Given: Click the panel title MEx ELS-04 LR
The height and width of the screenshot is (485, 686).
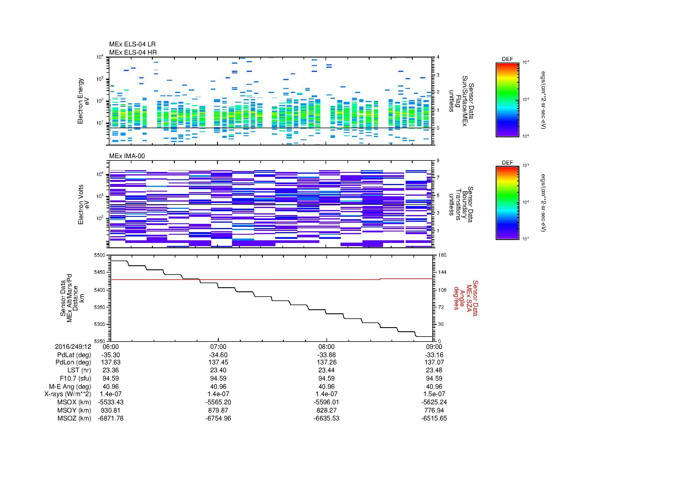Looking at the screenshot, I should (x=132, y=44).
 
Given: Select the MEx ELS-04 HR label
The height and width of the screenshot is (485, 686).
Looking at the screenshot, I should (x=133, y=52).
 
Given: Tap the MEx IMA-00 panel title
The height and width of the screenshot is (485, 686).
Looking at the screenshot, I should (x=127, y=156).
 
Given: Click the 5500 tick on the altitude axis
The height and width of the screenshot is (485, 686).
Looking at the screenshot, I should (x=99, y=255).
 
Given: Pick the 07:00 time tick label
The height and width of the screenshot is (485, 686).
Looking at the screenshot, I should (x=218, y=347).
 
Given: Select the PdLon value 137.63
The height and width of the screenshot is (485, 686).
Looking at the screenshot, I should (x=111, y=362).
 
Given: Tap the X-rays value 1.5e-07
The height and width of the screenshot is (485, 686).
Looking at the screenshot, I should (x=434, y=394).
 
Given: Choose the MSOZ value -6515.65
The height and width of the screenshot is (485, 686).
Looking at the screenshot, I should (x=434, y=418).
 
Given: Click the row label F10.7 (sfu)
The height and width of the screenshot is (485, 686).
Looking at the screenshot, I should (x=75, y=378).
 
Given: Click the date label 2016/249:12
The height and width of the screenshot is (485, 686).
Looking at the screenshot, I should (x=73, y=347).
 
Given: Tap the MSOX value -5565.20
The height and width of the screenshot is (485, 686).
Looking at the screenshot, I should (x=218, y=402).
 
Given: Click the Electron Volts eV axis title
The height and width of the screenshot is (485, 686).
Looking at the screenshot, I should (x=84, y=205).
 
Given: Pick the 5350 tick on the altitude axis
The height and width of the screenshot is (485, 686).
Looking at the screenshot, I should (x=99, y=307).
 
